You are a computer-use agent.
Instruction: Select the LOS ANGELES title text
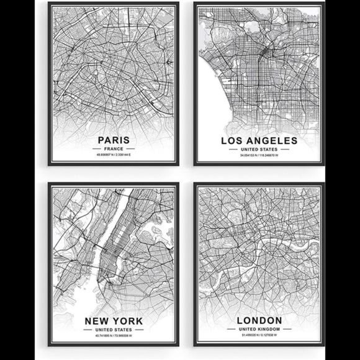point(259,141)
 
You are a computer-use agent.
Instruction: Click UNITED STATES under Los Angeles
point(259,150)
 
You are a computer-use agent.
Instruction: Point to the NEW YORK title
point(113,320)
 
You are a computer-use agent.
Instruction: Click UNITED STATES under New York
point(113,330)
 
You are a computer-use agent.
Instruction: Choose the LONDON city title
point(259,320)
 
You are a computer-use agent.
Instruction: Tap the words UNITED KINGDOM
point(259,330)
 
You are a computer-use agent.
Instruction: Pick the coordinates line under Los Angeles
point(259,156)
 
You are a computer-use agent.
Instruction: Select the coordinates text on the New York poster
point(113,336)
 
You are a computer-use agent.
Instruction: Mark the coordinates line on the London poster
point(259,336)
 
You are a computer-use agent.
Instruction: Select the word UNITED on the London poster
point(248,330)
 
